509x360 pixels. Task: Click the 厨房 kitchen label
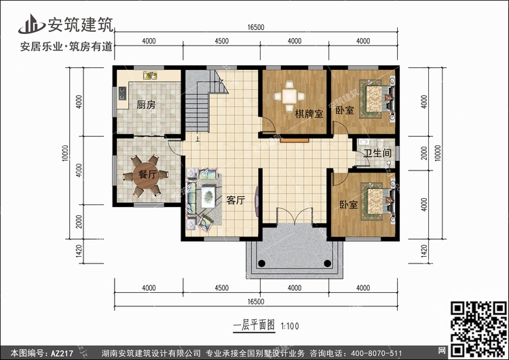click(146, 105)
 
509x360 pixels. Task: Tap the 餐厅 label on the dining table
click(148, 175)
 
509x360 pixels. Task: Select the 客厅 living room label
click(235, 200)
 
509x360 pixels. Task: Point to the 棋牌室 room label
click(309, 114)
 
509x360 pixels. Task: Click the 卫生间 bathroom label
click(377, 153)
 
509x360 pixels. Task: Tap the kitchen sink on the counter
click(150, 75)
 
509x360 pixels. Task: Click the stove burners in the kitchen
click(122, 93)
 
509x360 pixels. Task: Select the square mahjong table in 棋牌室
click(289, 96)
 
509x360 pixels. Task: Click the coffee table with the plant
click(208, 196)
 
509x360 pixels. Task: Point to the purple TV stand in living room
click(257, 200)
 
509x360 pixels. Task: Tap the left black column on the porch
click(262, 263)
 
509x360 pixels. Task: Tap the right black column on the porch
click(328, 263)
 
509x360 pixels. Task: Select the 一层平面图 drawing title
click(254, 325)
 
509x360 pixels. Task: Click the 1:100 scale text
click(290, 326)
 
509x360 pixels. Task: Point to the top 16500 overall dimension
click(256, 27)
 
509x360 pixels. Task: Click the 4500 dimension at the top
click(222, 41)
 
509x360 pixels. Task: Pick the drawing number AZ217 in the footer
click(62, 353)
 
